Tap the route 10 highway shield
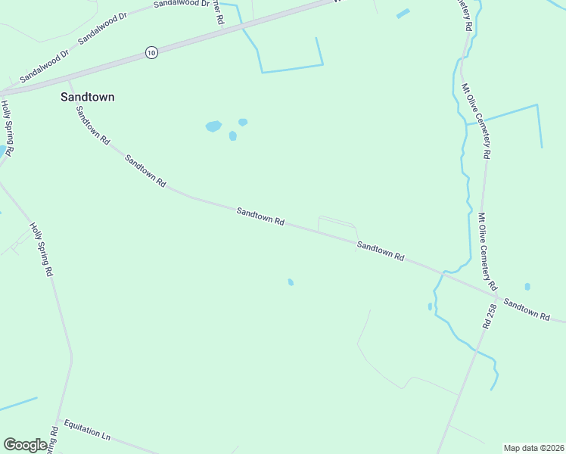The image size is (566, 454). click(151, 52)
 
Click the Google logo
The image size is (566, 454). click(25, 445)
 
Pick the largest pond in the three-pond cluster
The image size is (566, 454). click(213, 126)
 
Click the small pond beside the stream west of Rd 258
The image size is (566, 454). click(430, 306)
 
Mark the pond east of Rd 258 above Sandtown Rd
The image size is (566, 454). click(527, 287)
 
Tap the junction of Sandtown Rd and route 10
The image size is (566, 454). click(69, 80)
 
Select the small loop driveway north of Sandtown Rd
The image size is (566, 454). click(337, 224)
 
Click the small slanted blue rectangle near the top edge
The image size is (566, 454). click(403, 14)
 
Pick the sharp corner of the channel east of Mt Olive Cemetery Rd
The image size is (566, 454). click(537, 105)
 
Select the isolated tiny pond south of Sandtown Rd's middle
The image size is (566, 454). click(291, 282)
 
